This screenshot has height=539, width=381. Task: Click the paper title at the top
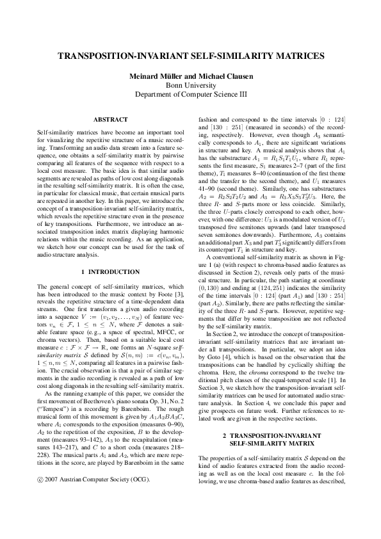tap(190, 57)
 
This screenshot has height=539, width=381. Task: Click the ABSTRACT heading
tap(111, 120)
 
